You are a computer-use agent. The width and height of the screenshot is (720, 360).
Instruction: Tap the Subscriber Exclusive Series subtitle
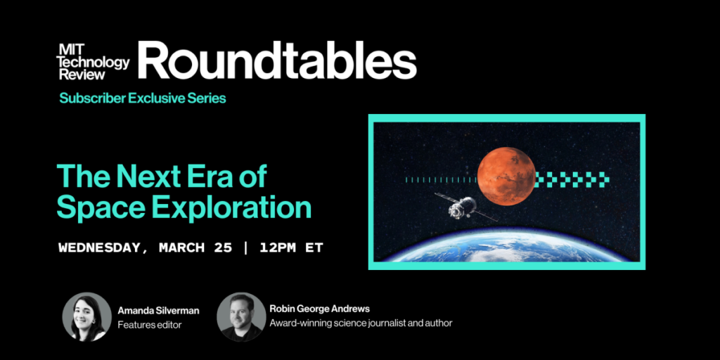143,98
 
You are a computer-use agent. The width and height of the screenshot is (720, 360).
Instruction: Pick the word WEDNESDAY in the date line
103,248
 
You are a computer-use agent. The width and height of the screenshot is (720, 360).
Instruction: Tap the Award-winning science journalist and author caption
361,323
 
